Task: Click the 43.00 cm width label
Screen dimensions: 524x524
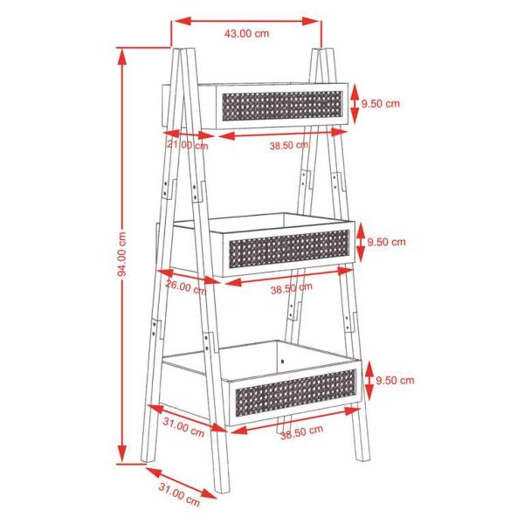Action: click(246, 34)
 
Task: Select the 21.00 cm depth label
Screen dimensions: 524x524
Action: click(188, 145)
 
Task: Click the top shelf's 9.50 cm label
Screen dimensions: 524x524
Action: click(380, 103)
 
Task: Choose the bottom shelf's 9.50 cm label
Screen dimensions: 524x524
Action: click(395, 380)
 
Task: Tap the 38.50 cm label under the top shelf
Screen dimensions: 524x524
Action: click(289, 145)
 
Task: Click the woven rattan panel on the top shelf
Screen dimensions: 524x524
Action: click(280, 105)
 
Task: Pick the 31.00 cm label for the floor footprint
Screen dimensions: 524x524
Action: click(179, 495)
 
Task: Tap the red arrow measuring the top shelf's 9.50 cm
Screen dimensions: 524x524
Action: click(355, 102)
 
